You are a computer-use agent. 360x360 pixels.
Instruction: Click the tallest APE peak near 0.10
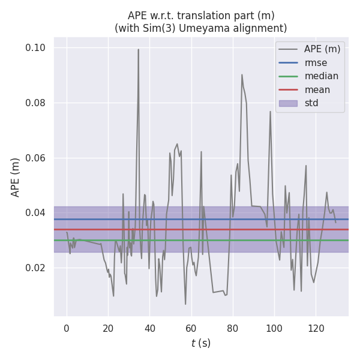pos(138,50)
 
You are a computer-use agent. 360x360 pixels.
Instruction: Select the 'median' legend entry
pos(321,76)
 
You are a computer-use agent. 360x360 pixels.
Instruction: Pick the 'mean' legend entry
pos(317,90)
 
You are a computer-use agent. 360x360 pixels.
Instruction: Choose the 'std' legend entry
pos(311,103)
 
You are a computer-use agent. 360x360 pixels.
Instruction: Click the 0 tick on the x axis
pos(67,328)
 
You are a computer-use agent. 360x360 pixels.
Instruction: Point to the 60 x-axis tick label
pos(191,328)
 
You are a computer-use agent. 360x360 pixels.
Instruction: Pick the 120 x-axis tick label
pos(316,328)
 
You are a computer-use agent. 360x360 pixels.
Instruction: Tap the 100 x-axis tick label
pos(274,328)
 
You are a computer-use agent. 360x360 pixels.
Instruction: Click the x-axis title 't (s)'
pos(200,343)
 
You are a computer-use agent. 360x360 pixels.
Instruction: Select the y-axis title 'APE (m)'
pos(16,177)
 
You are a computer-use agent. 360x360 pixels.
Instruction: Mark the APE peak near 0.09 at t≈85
pos(242,75)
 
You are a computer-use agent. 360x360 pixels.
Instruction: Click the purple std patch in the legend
pos(288,103)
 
